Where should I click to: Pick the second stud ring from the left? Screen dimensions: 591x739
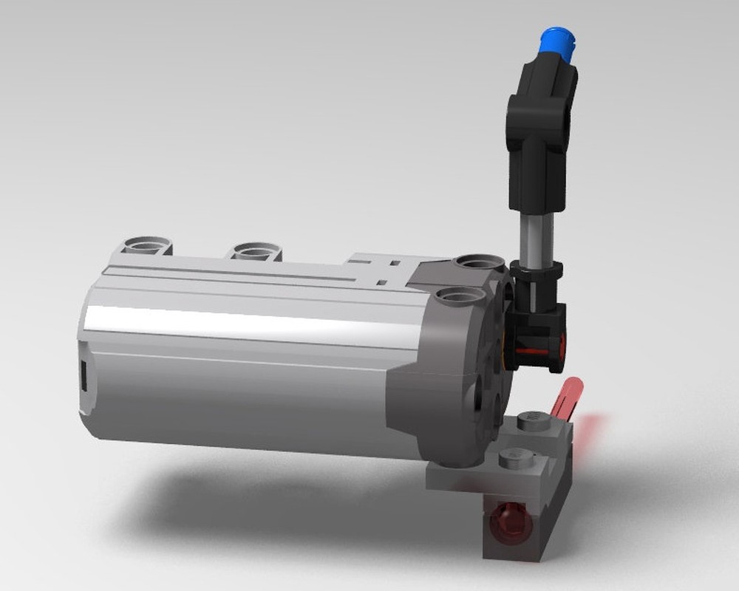[x=256, y=251]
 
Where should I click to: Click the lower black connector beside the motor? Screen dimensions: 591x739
[x=536, y=332]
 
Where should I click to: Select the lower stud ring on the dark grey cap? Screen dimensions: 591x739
[x=460, y=297]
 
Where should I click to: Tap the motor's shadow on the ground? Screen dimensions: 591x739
[x=259, y=502]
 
